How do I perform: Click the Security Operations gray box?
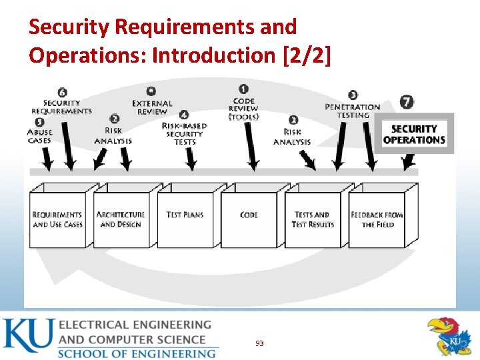click(414, 134)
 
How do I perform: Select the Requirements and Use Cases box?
click(58, 219)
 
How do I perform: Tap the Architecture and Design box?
click(121, 219)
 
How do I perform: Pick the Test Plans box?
click(185, 219)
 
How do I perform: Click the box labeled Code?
click(249, 219)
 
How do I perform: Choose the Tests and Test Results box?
click(312, 219)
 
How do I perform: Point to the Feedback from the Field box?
click(377, 219)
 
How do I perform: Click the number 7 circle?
click(407, 102)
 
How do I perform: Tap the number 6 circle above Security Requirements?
click(62, 92)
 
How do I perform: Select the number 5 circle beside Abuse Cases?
click(39, 122)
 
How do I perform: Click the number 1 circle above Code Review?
click(243, 88)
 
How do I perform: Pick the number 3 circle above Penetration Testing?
click(353, 95)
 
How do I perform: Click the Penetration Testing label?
click(353, 111)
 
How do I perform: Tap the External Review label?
click(152, 107)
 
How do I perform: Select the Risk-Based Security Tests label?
click(185, 133)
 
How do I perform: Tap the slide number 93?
click(259, 343)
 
